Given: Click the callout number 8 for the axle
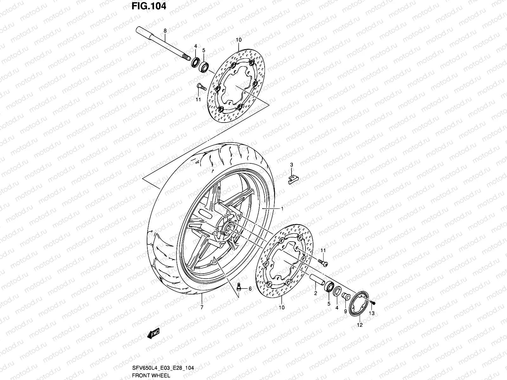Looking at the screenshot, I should [x=165, y=31].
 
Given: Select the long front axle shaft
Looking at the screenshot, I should [x=165, y=44].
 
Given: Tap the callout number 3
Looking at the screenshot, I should [x=292, y=165].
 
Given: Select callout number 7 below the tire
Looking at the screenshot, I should [x=202, y=307].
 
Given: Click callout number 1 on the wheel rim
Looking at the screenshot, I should [x=282, y=209].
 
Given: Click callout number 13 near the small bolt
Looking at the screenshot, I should [x=371, y=313].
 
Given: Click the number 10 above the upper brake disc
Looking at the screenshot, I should [x=239, y=40].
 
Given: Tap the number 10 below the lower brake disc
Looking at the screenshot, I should [x=281, y=307].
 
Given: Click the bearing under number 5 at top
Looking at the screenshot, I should [x=204, y=66].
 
